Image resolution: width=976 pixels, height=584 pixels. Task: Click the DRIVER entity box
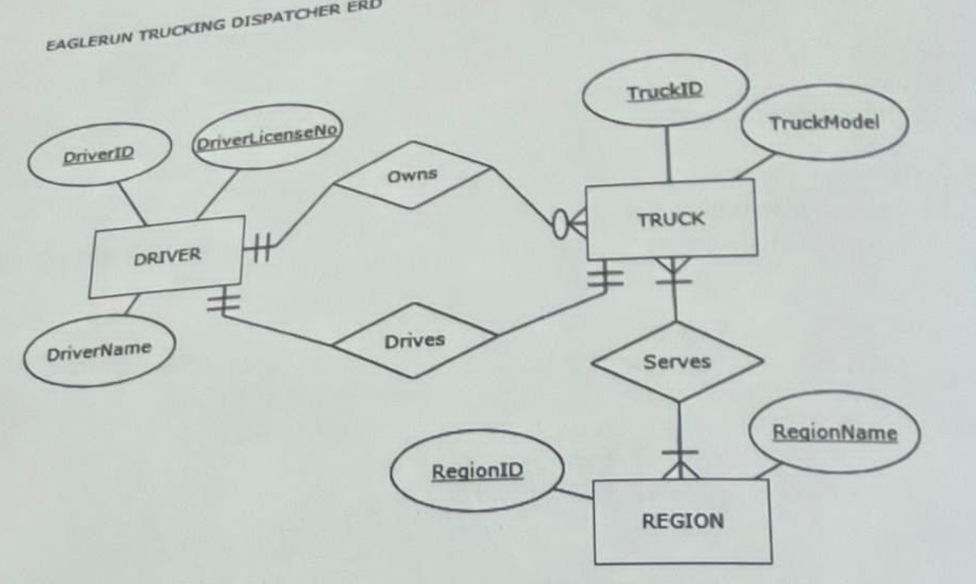[x=168, y=256]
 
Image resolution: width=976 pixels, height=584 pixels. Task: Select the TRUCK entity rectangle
[x=671, y=219]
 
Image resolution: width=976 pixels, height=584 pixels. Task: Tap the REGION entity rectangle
[x=683, y=521]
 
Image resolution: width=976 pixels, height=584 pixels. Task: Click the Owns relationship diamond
[x=413, y=175]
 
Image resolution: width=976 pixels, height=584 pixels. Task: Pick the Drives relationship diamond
[x=415, y=340]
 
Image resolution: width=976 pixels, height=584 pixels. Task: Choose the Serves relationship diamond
[x=677, y=361]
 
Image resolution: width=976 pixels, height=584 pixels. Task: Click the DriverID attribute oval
[x=99, y=155]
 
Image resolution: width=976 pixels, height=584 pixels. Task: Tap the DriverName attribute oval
[x=89, y=349]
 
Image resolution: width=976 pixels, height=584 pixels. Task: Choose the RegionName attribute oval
[x=835, y=432]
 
